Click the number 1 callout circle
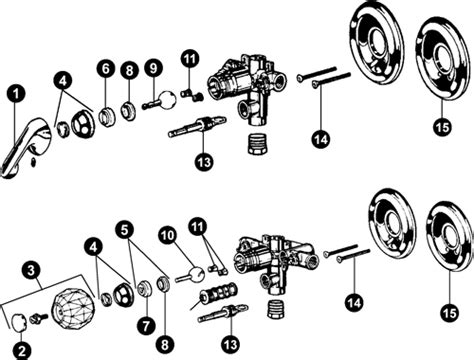(16, 95)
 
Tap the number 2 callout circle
(22, 350)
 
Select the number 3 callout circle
(31, 270)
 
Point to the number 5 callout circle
(125, 230)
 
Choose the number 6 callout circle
(106, 69)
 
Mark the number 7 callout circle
(146, 326)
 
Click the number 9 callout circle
(153, 68)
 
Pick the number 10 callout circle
(168, 235)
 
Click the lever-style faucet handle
(26, 147)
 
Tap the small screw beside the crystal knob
(38, 318)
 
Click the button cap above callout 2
(20, 322)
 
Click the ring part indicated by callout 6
(106, 117)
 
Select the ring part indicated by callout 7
(145, 289)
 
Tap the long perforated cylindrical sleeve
(218, 292)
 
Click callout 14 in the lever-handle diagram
(322, 139)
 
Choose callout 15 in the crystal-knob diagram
(449, 313)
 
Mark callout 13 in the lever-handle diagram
(205, 162)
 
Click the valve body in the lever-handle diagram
(248, 88)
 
